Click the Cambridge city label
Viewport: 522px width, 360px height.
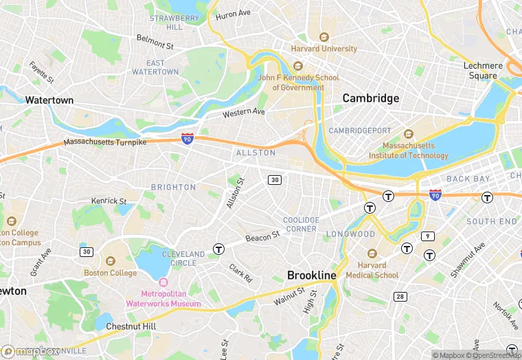click(x=371, y=98)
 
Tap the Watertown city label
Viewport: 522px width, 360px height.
click(x=49, y=100)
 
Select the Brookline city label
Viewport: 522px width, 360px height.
click(x=312, y=275)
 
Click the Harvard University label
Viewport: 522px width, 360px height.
click(x=324, y=49)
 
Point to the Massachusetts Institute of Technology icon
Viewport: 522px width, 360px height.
click(x=409, y=134)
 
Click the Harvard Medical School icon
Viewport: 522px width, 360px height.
click(x=372, y=254)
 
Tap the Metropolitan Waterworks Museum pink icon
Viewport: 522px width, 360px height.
click(x=163, y=282)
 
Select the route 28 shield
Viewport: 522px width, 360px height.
click(x=400, y=296)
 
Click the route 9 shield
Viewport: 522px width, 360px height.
click(x=427, y=236)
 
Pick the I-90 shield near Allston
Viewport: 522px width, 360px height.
click(x=188, y=139)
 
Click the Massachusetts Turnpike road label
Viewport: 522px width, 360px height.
click(x=105, y=142)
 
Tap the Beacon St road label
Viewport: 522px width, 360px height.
click(x=263, y=236)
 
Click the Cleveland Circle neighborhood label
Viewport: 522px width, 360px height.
click(x=183, y=258)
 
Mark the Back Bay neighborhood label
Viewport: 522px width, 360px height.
click(x=468, y=179)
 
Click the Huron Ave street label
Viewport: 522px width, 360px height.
click(x=234, y=14)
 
